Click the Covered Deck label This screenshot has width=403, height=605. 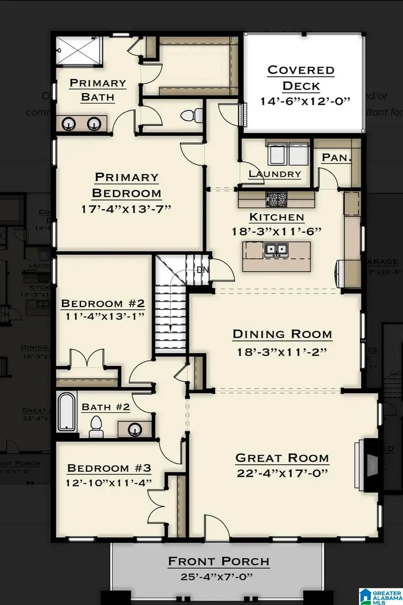[301, 78]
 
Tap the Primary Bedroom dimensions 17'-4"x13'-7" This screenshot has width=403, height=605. [127, 209]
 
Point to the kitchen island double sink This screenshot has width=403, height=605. [276, 249]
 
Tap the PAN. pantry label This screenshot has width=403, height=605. [337, 158]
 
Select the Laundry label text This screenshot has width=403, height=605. [275, 174]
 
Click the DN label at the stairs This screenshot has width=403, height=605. [202, 270]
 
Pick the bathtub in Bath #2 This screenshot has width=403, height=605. [66, 411]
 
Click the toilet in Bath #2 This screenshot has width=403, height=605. [96, 426]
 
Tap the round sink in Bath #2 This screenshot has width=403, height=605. [135, 430]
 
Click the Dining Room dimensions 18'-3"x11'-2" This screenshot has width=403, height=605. [282, 352]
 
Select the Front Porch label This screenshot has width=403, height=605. [219, 561]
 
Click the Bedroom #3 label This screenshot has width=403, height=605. [109, 468]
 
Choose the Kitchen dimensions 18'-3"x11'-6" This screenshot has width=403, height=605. [277, 231]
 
